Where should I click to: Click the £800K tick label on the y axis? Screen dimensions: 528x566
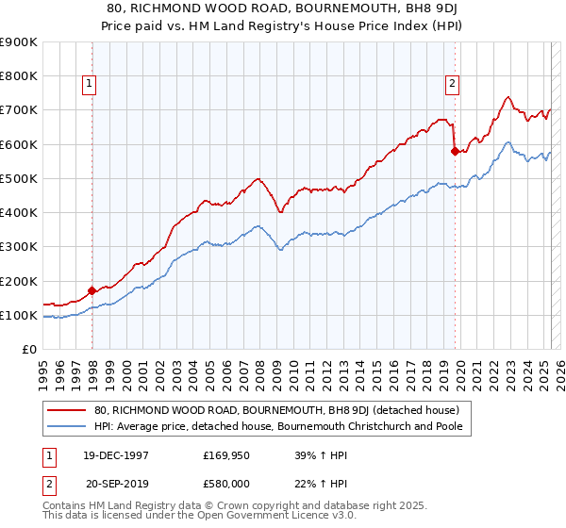point(19,75)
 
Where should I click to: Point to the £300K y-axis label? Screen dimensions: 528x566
point(19,247)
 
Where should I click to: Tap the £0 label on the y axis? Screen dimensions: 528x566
point(29,350)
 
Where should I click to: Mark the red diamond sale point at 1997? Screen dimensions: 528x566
point(92,290)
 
